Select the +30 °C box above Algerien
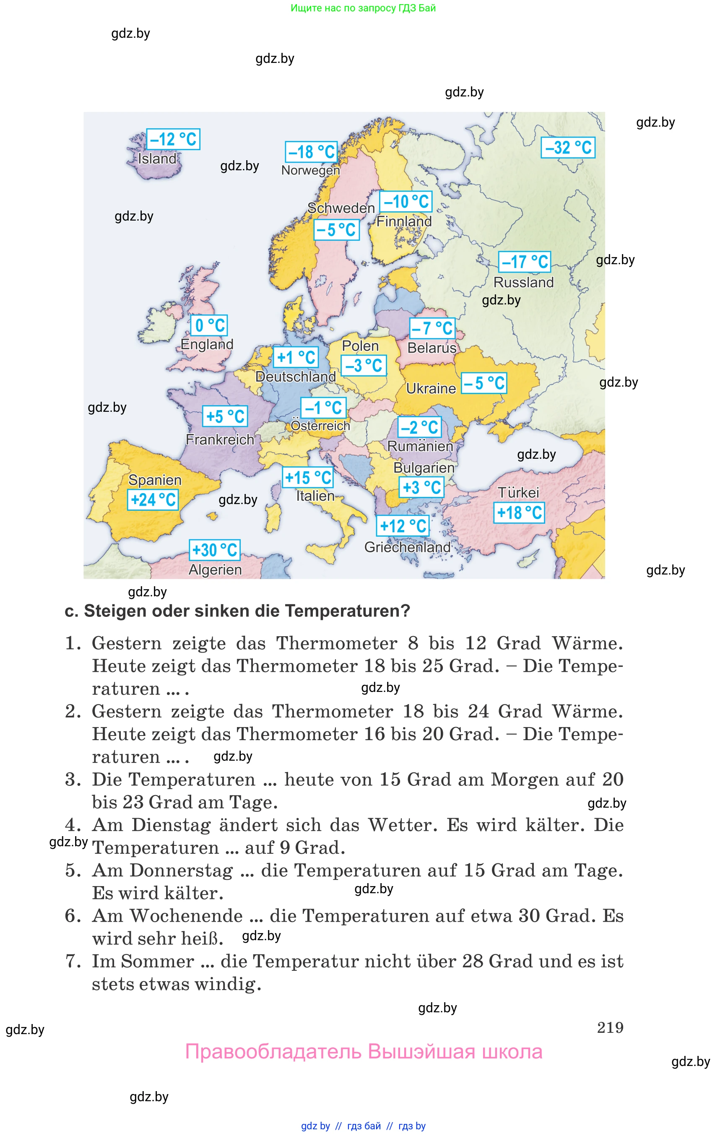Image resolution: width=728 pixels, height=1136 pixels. click(x=215, y=550)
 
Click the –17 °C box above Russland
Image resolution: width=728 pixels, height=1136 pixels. click(x=525, y=261)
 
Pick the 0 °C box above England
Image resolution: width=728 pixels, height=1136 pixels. click(x=209, y=325)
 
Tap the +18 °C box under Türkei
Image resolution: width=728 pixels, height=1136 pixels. click(x=519, y=512)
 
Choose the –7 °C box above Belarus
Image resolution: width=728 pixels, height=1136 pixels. click(x=432, y=328)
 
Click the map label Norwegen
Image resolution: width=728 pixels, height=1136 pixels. click(x=310, y=170)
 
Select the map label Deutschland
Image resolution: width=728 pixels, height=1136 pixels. click(x=296, y=377)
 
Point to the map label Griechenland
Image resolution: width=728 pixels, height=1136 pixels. click(x=407, y=547)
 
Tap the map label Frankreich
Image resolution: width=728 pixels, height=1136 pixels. click(x=220, y=439)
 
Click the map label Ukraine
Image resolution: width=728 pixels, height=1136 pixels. click(x=431, y=389)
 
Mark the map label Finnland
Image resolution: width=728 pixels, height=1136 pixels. click(x=404, y=221)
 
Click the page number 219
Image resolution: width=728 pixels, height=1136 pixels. click(x=610, y=1027)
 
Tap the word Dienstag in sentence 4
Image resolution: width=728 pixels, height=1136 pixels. click(x=171, y=825)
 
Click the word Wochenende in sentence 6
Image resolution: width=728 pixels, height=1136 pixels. click(x=186, y=916)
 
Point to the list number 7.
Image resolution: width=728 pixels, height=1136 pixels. click(x=73, y=961)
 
